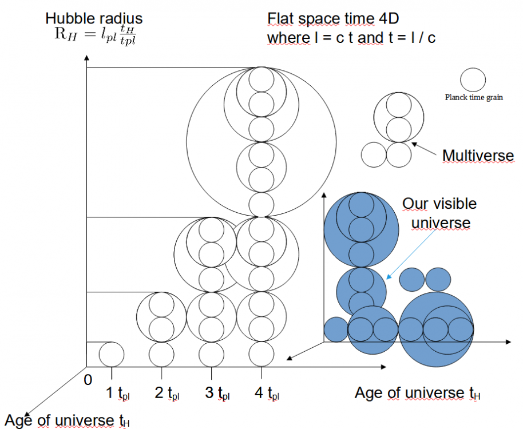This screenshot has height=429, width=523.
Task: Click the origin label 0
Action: click(x=88, y=380)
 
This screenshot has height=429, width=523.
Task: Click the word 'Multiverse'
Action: click(x=478, y=156)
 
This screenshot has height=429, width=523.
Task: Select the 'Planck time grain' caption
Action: click(x=474, y=97)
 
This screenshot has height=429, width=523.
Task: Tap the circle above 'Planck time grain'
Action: click(x=474, y=80)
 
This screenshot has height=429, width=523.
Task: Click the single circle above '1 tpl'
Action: click(x=112, y=353)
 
